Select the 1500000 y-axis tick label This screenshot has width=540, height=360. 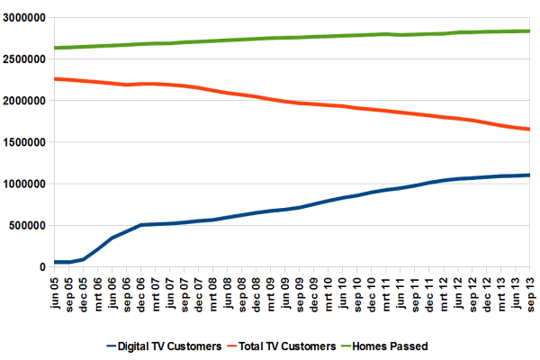pyautogui.click(x=23, y=142)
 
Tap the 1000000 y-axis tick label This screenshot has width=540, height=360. pyautogui.click(x=23, y=184)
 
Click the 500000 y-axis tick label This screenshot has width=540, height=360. pyautogui.click(x=27, y=225)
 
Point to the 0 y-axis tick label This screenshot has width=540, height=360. pyautogui.click(x=41, y=266)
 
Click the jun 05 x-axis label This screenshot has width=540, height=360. pyautogui.click(x=56, y=290)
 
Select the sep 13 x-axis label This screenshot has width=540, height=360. pyautogui.click(x=528, y=290)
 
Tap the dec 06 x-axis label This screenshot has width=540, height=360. pyautogui.click(x=141, y=290)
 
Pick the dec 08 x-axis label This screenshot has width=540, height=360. pyautogui.click(x=256, y=290)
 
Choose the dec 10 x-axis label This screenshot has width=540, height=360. pyautogui.click(x=371, y=290)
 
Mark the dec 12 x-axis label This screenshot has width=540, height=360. pyautogui.click(x=485, y=290)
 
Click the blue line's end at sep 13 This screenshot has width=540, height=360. pyautogui.click(x=528, y=175)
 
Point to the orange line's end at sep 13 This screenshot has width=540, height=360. pyautogui.click(x=528, y=130)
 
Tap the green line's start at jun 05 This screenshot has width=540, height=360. pyautogui.click(x=56, y=48)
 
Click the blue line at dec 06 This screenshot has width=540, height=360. pyautogui.click(x=141, y=225)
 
